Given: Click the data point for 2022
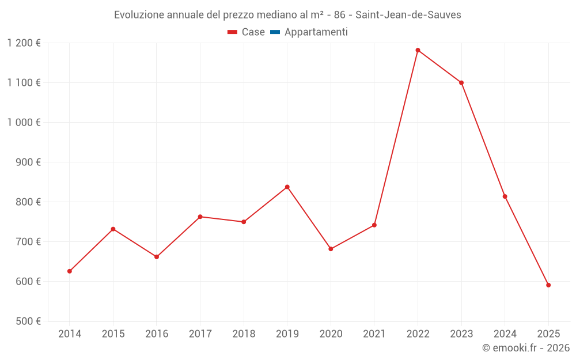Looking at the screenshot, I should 418,50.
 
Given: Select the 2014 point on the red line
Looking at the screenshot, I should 70,271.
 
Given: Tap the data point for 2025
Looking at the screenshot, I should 548,285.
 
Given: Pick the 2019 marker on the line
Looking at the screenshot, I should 287,187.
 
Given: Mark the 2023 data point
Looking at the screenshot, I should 461,82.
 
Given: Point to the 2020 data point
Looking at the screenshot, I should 331,249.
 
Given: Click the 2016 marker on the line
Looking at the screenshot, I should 157,257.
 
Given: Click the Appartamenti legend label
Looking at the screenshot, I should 316,32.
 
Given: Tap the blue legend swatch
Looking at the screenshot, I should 275,32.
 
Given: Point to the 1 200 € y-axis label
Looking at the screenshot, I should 24,43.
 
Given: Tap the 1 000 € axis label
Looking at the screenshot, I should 24,122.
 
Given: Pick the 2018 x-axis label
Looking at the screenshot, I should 244,334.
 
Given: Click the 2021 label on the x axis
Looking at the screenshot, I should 374,334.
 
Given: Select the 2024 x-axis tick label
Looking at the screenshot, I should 505,334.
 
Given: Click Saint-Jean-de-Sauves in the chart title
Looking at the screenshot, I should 410,15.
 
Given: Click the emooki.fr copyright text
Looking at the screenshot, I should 526,348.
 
